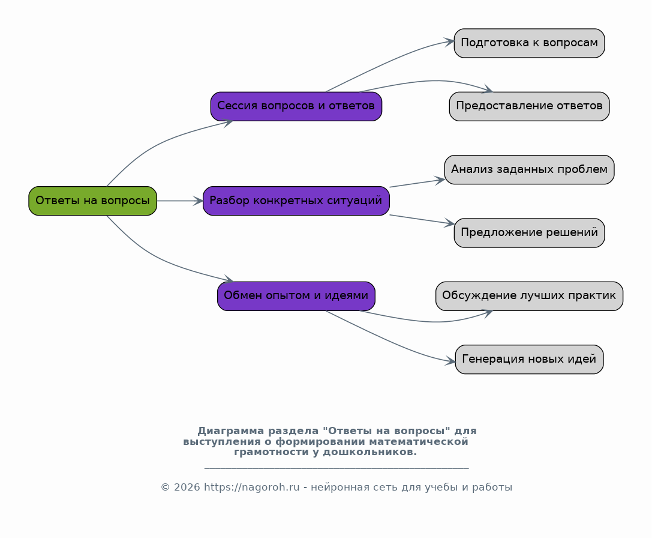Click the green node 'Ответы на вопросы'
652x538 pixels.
(93, 201)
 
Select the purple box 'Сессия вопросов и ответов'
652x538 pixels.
(296, 106)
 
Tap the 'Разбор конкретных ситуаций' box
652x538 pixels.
(296, 201)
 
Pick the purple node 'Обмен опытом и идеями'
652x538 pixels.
(296, 295)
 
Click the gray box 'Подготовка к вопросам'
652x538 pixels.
(529, 43)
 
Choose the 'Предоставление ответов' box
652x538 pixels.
(529, 106)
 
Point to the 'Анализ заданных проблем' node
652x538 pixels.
(529, 169)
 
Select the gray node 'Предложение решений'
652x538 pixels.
(529, 233)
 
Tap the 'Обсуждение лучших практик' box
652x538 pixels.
(529, 295)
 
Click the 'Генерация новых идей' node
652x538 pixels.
(529, 359)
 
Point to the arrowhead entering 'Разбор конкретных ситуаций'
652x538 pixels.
(198, 201)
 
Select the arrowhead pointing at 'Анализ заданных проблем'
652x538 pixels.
(440, 180)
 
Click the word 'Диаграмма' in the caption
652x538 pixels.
(231, 431)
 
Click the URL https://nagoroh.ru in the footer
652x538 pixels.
(251, 487)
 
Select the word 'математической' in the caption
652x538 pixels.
(418, 441)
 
